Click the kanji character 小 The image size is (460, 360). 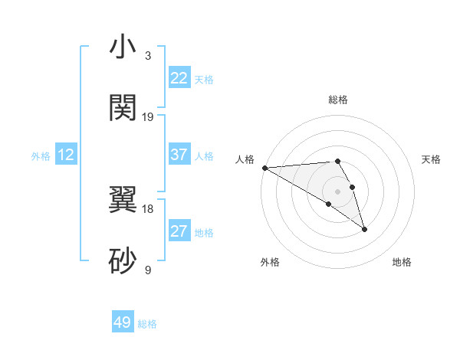tap(123, 47)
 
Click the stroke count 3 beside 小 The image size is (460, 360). tap(148, 56)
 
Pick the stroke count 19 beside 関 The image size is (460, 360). tap(148, 116)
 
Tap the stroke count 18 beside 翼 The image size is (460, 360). tap(148, 208)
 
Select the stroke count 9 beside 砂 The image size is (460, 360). tap(148, 270)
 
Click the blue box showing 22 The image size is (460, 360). tap(179, 78)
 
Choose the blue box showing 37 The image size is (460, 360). tap(179, 155)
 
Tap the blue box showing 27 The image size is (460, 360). tap(179, 231)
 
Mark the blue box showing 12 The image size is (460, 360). tap(66, 155)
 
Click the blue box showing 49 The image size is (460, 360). tap(123, 322)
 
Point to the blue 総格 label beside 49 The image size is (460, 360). tap(147, 324)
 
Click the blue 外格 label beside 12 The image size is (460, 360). tap(41, 156)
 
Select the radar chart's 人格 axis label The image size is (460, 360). tap(245, 159)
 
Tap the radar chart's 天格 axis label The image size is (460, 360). tap(432, 159)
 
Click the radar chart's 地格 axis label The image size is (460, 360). tap(402, 262)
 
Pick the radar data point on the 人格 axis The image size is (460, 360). tap(264, 167)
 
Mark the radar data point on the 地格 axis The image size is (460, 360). tap(364, 229)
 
